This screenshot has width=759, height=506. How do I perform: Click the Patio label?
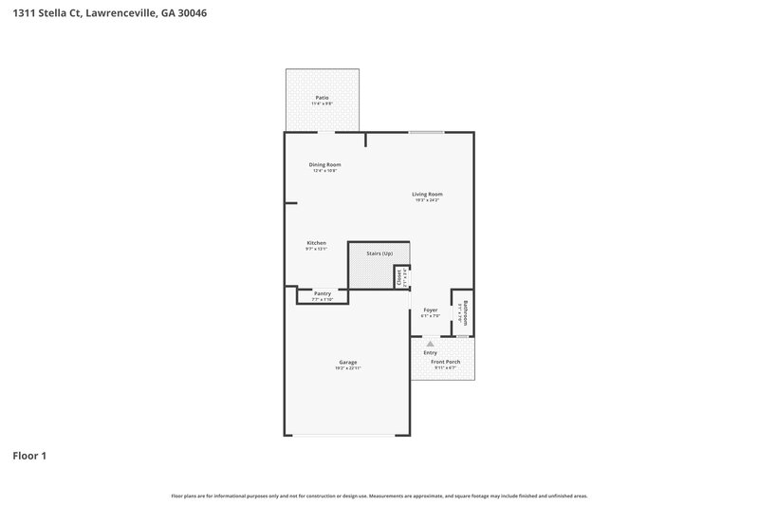pos(323,98)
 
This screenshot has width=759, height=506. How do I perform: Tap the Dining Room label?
pos(324,165)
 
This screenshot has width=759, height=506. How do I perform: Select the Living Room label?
pos(427,195)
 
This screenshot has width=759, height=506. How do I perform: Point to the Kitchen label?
pos(316,243)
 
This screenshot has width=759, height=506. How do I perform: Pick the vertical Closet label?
pos(400,277)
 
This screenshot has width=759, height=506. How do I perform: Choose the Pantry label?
pos(323,293)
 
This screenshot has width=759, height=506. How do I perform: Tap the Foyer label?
pos(430,310)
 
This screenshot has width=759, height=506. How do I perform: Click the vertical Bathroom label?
pos(464,312)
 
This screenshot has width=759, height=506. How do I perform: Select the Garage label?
pos(348,362)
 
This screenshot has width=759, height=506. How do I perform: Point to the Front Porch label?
pos(446,362)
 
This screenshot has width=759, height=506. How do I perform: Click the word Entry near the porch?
pos(430,353)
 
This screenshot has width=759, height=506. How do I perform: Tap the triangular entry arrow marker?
pos(430,344)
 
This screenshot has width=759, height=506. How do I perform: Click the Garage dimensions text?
pos(348,368)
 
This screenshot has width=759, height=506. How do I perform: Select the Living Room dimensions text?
pos(427,200)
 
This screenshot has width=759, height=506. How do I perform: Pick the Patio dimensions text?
pos(323,103)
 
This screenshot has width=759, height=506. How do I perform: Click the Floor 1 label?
pos(29,456)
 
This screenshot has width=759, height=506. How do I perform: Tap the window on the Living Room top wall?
pos(426,132)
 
